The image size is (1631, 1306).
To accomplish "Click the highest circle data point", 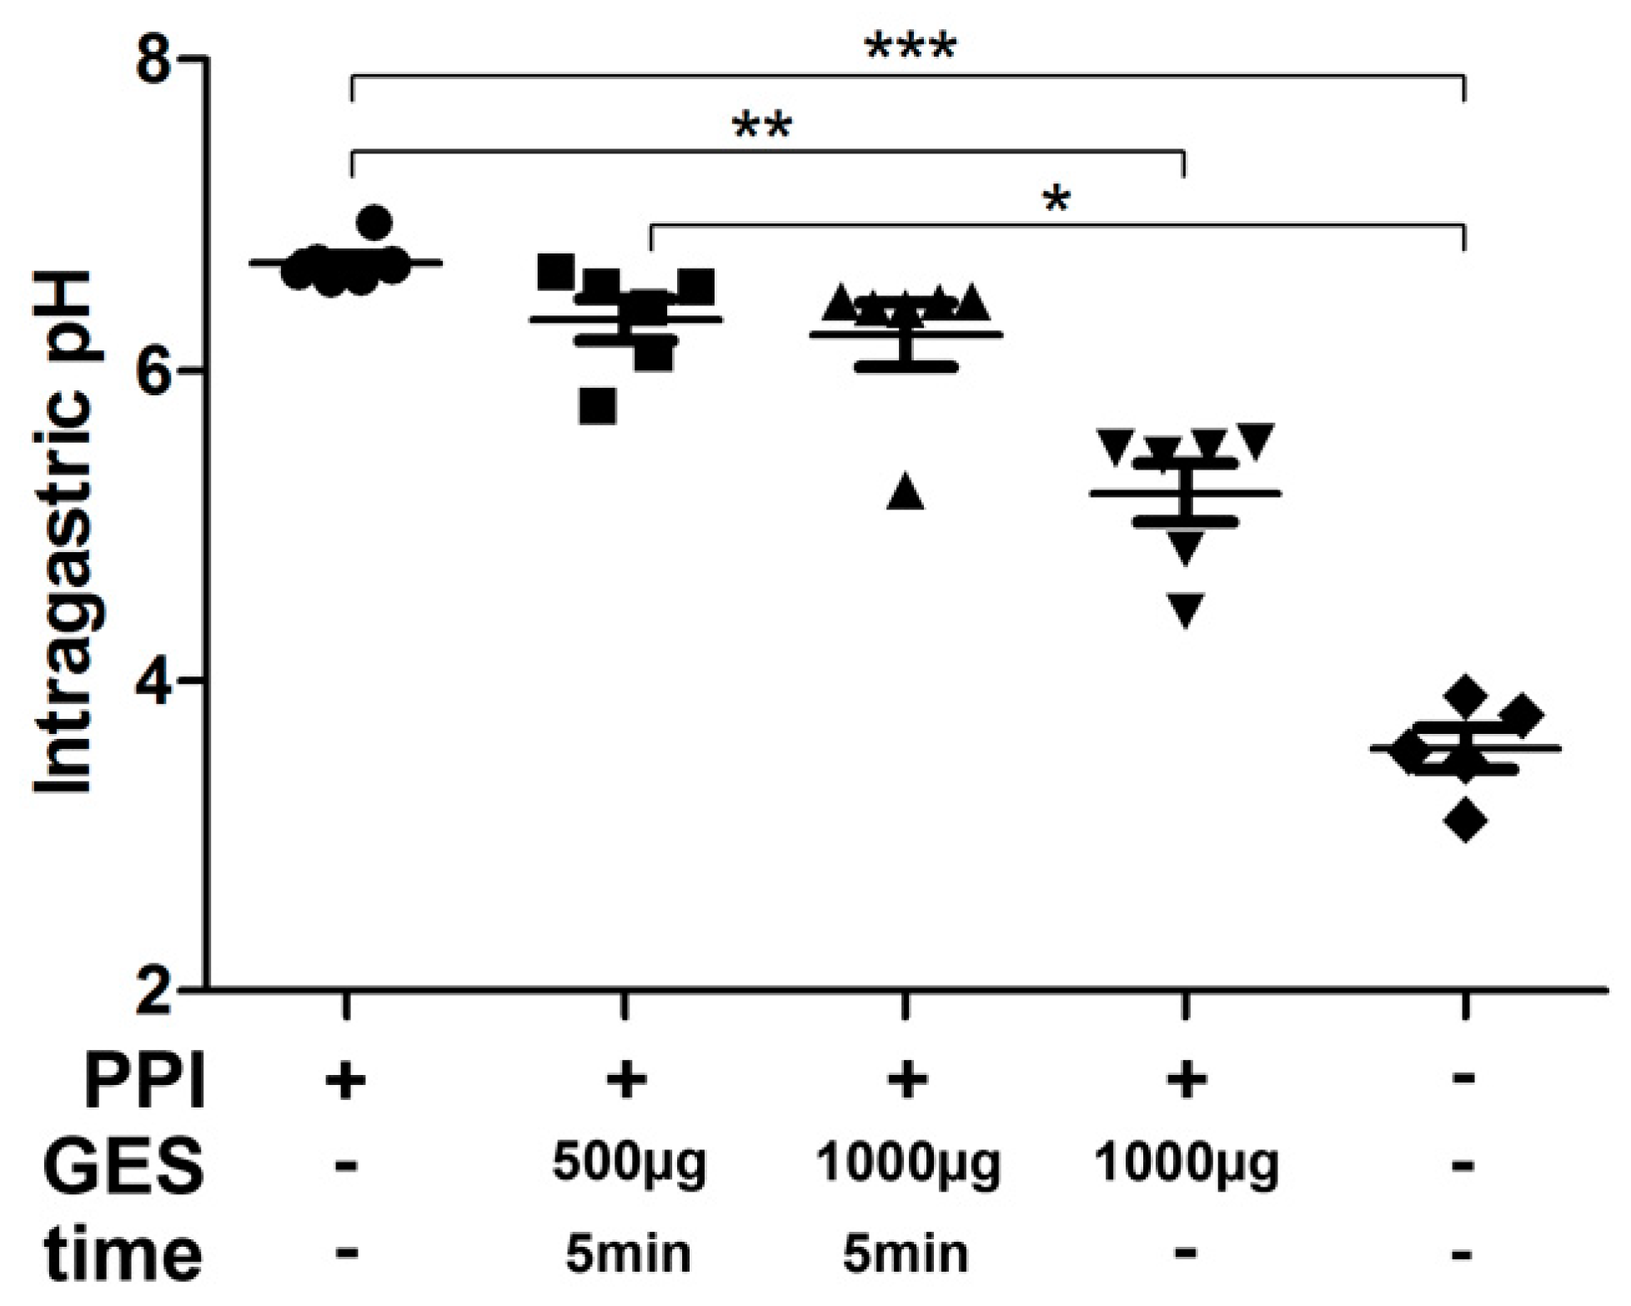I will (x=374, y=223).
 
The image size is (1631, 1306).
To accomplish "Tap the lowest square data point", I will (x=598, y=407).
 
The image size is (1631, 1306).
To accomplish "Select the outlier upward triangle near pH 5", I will (x=906, y=493).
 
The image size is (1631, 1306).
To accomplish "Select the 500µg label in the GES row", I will (x=629, y=1163).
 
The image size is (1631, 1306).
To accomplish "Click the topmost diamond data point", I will (x=1467, y=694).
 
